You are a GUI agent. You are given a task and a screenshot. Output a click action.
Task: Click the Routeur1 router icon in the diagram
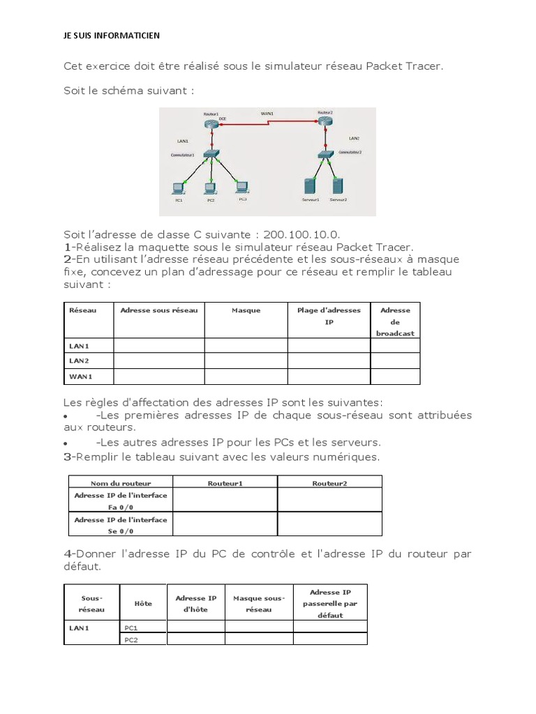pyautogui.click(x=211, y=123)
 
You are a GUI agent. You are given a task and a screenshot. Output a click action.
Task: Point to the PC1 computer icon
pyautogui.click(x=179, y=187)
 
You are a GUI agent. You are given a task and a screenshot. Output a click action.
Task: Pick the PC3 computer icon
pyautogui.click(x=241, y=186)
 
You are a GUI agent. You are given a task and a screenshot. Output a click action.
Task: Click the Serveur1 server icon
pyautogui.click(x=310, y=185)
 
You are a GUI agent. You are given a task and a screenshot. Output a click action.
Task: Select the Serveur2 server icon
pyautogui.click(x=338, y=185)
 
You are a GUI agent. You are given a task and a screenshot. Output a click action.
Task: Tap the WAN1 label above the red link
pyautogui.click(x=267, y=113)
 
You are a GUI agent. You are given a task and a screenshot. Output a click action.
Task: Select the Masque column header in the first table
pyautogui.click(x=246, y=310)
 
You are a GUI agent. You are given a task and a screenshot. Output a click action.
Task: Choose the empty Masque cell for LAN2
pyautogui.click(x=246, y=360)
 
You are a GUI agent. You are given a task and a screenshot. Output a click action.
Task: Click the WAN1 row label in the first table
pyautogui.click(x=81, y=377)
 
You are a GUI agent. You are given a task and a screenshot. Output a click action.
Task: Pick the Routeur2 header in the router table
pyautogui.click(x=329, y=483)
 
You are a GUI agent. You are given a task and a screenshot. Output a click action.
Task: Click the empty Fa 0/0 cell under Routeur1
pyautogui.click(x=225, y=500)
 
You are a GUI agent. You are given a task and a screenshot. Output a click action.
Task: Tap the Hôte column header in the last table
pyautogui.click(x=143, y=603)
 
